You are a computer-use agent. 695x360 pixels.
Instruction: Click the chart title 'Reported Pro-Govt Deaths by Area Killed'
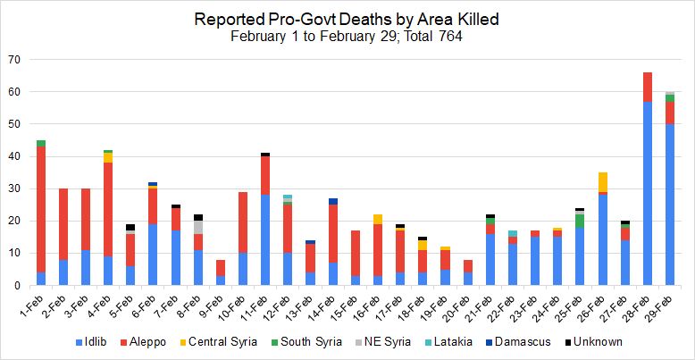[x=347, y=19]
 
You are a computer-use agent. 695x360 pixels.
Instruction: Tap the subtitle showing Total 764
[x=347, y=37]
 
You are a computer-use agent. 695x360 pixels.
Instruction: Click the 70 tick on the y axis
[x=14, y=60]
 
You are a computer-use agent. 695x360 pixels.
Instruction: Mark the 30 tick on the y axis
[x=14, y=188]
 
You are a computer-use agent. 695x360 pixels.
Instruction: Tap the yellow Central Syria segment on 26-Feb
[x=603, y=181]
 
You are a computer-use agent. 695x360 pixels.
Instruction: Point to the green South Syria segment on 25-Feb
[x=581, y=221]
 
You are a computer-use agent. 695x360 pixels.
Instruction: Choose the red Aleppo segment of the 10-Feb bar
[x=242, y=222]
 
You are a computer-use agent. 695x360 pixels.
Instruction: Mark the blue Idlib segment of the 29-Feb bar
[x=670, y=205]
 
